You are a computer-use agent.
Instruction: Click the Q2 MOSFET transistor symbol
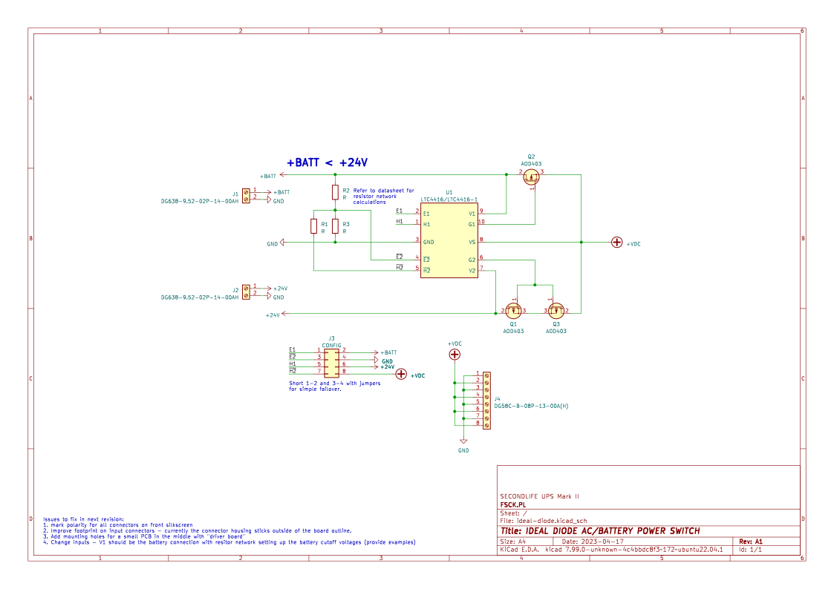(x=531, y=177)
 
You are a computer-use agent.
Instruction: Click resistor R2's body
(x=336, y=193)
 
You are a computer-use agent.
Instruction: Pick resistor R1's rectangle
(x=314, y=226)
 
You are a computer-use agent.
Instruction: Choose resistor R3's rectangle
(x=336, y=226)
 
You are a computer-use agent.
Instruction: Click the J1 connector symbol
(x=246, y=194)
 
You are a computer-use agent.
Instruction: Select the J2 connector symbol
(x=246, y=292)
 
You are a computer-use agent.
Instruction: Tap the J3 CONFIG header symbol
(x=331, y=361)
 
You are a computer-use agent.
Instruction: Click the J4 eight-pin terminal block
(x=486, y=400)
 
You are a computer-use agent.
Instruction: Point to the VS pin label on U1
(x=472, y=242)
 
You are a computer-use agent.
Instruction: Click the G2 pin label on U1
(x=472, y=260)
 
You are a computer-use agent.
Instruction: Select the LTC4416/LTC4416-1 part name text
(x=449, y=200)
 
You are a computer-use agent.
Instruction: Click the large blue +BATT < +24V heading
(x=328, y=162)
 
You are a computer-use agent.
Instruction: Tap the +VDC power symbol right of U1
(x=616, y=242)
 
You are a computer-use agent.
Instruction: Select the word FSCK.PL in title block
(x=512, y=504)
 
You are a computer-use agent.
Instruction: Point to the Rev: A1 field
(x=751, y=542)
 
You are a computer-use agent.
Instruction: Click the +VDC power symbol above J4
(x=455, y=355)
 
